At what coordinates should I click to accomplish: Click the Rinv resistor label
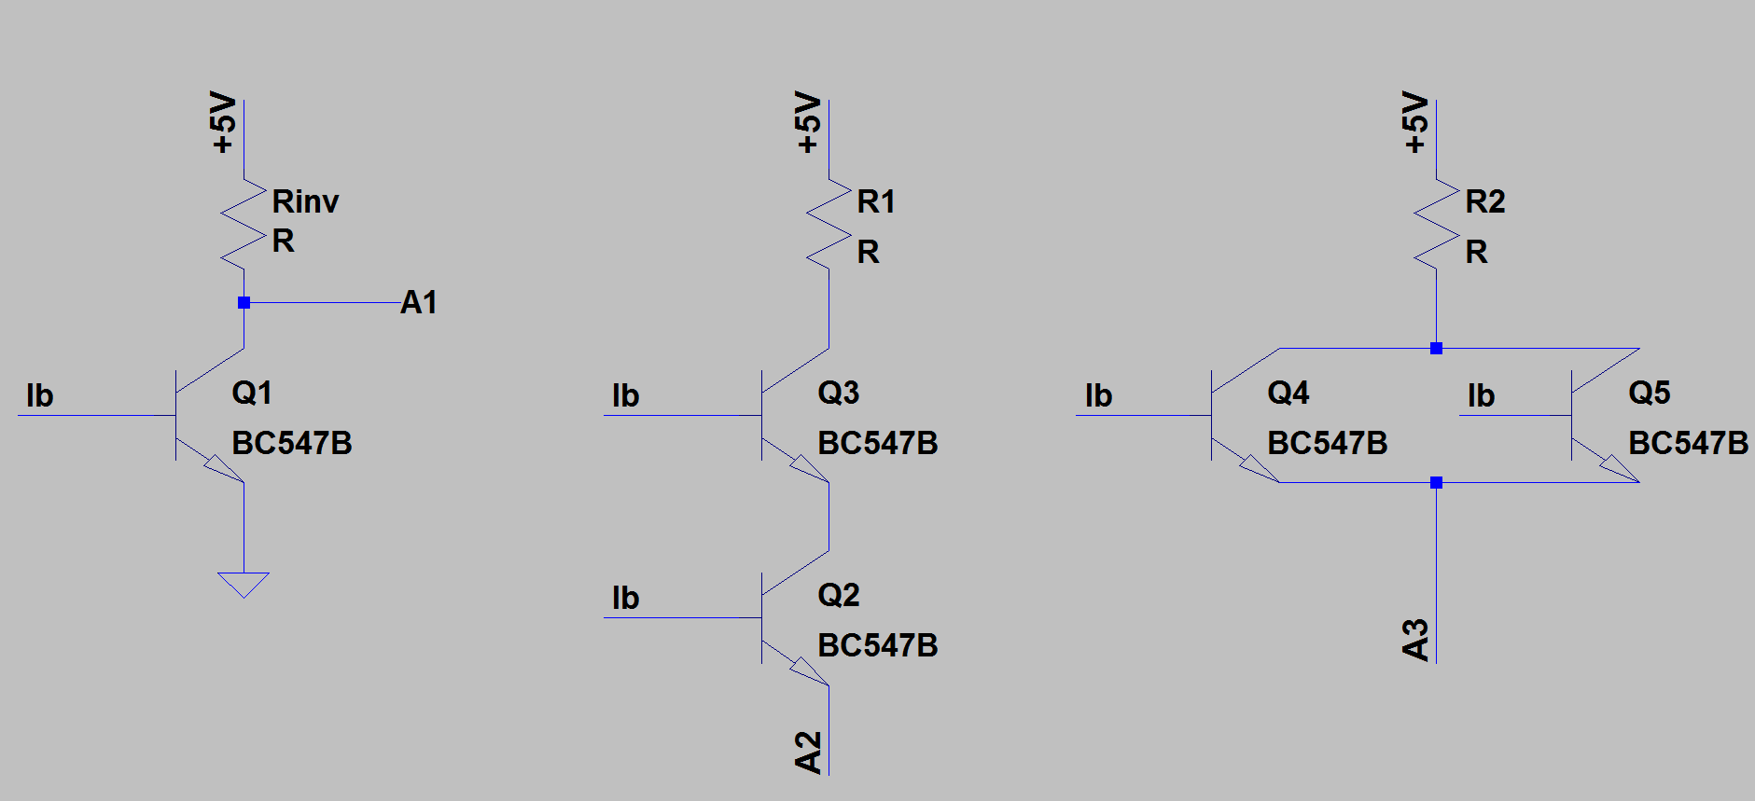tap(305, 201)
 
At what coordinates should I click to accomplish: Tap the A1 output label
tap(419, 302)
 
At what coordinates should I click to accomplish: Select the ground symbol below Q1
tap(244, 584)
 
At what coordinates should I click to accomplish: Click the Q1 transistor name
tap(252, 393)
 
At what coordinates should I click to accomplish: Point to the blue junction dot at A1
tap(244, 302)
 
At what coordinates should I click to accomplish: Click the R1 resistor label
tap(875, 201)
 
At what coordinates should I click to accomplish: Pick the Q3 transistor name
tap(838, 393)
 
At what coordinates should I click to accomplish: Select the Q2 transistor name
tap(838, 595)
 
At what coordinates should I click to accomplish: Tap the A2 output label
tap(808, 752)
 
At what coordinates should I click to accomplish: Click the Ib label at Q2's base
tap(625, 598)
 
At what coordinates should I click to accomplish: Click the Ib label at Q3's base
tap(625, 395)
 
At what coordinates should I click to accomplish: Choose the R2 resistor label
tap(1484, 201)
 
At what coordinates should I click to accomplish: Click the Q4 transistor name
tap(1288, 393)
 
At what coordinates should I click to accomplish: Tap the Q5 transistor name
tap(1649, 393)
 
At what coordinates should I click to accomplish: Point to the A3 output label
tap(1415, 640)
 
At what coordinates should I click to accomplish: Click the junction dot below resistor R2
tap(1436, 348)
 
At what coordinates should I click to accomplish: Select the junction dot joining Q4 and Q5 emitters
tap(1436, 482)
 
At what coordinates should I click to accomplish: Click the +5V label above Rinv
tap(223, 122)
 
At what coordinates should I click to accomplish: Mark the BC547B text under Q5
tap(1688, 443)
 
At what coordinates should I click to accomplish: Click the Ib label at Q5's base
tap(1481, 395)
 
